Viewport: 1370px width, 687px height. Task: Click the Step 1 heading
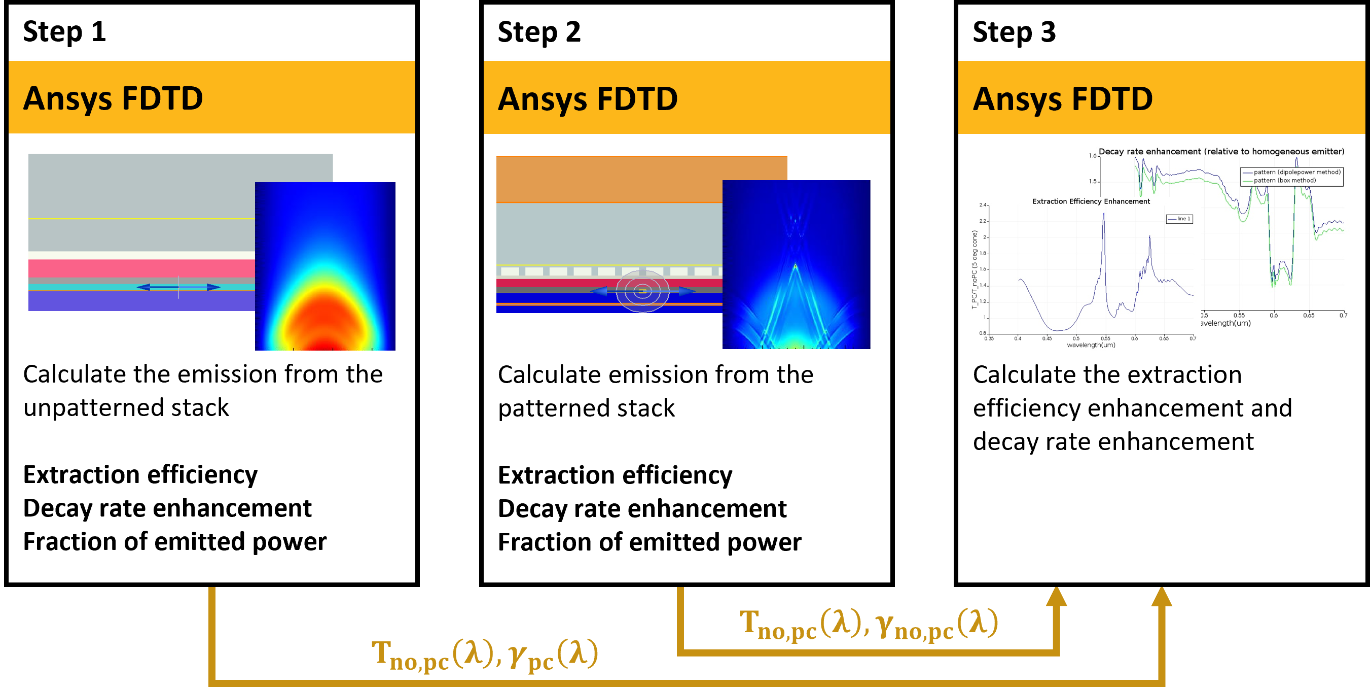point(64,32)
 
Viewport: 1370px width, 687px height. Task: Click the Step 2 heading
point(539,32)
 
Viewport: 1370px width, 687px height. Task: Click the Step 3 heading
point(1014,32)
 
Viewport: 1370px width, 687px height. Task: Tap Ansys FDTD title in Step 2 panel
point(587,99)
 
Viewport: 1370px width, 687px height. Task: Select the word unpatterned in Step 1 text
point(91,408)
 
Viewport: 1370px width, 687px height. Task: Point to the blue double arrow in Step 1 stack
point(178,287)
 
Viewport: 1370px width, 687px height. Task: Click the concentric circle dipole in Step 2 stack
point(642,291)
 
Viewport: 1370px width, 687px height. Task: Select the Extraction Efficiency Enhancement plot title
point(1090,201)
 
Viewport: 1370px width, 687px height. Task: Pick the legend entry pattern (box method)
point(1284,181)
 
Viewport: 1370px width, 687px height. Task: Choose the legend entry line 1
point(1179,219)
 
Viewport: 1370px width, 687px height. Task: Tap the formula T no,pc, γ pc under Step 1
point(484,655)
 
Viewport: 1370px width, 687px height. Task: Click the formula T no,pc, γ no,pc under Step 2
point(868,624)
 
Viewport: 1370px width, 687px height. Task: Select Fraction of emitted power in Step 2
point(649,542)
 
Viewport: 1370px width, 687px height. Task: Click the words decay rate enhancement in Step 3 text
point(1112,442)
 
